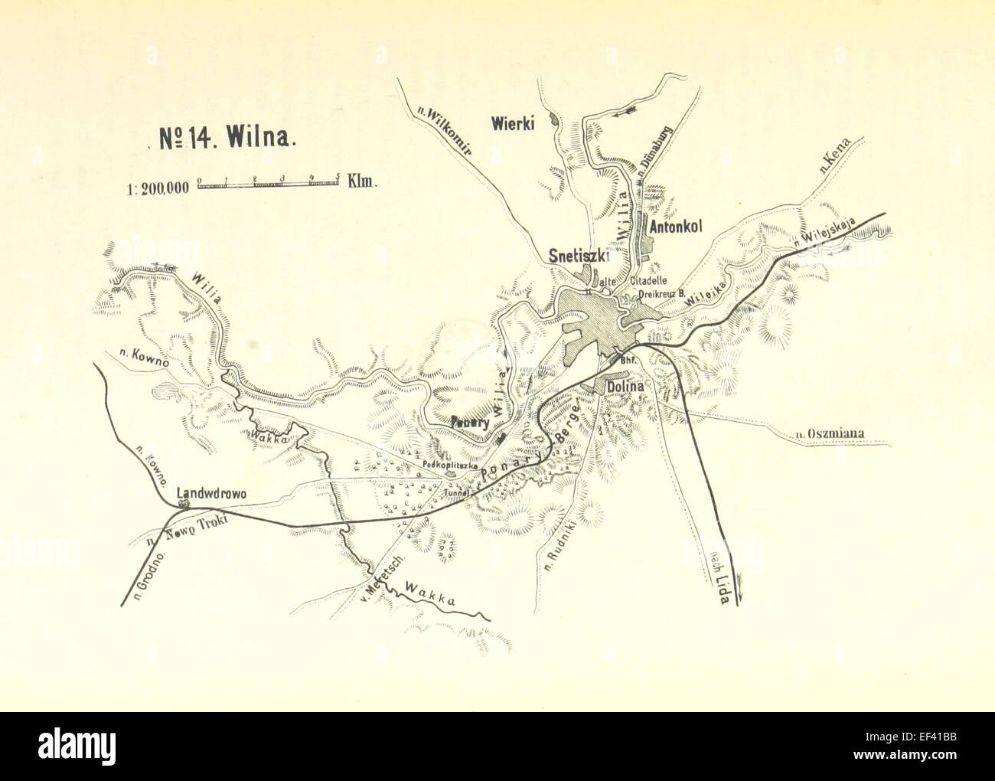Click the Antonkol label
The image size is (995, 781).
click(x=675, y=227)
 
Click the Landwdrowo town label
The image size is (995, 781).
click(x=210, y=494)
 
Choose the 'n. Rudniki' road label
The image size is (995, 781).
click(x=563, y=547)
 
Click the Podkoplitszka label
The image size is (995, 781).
click(x=448, y=465)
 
